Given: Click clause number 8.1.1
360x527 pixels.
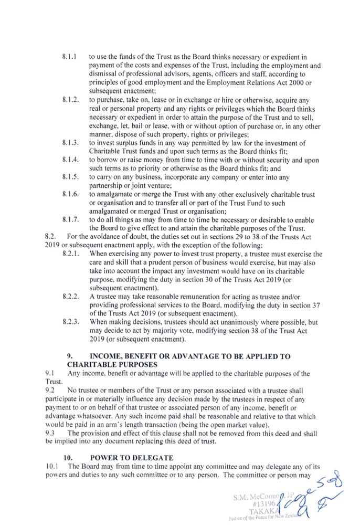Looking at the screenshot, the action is [69, 57].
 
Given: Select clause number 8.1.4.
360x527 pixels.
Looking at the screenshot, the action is [70, 160].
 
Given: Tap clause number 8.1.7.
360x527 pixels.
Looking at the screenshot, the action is [70, 220].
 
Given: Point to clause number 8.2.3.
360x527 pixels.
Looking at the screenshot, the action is [71, 322].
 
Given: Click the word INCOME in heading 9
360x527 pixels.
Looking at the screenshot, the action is [105, 356].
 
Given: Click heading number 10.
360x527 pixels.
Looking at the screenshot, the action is [68, 458].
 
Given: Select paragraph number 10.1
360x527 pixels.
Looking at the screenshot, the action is [52, 467].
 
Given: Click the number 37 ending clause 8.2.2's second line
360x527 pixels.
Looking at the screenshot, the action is [316, 305].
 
